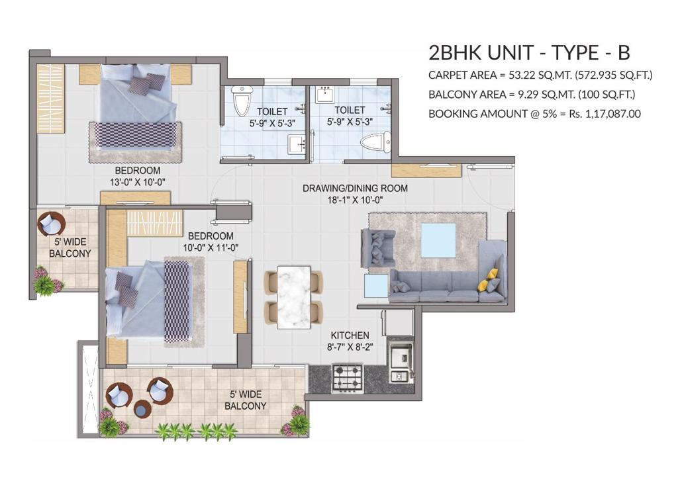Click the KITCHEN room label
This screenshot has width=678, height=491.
[350, 335]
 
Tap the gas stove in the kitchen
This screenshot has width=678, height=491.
[347, 377]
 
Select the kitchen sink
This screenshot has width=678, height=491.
[402, 359]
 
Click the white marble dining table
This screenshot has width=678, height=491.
[293, 297]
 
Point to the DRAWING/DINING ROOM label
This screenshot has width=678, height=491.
[355, 189]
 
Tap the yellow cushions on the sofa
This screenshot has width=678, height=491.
[488, 279]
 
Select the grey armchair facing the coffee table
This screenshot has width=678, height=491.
[378, 247]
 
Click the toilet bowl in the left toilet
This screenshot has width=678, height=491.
[242, 101]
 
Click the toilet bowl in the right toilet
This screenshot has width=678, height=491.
[375, 143]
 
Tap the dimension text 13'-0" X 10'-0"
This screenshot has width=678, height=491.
[138, 183]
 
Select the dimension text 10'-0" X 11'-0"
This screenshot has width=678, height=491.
[211, 247]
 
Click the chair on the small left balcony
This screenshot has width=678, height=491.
[51, 224]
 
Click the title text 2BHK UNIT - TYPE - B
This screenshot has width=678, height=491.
[529, 53]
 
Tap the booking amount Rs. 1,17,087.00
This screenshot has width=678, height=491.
[605, 114]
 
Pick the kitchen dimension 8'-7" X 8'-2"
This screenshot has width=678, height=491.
[350, 347]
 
